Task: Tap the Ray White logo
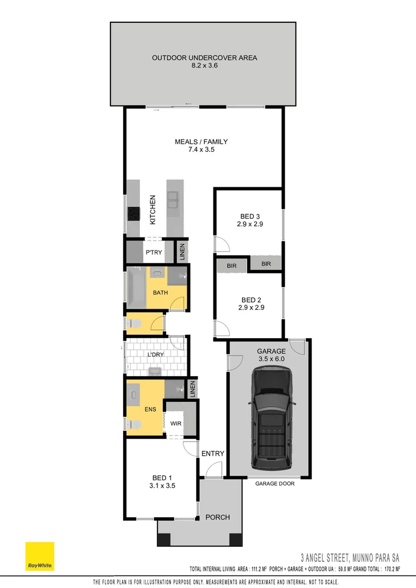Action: pyautogui.click(x=40, y=556)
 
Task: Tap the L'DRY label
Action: pyautogui.click(x=156, y=354)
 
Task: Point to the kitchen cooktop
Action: pyautogui.click(x=132, y=214)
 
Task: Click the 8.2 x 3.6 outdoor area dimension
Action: pyautogui.click(x=204, y=65)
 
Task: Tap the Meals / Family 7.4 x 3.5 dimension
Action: pyautogui.click(x=201, y=149)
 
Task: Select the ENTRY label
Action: pyautogui.click(x=212, y=454)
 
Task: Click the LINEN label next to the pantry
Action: pyautogui.click(x=182, y=252)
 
